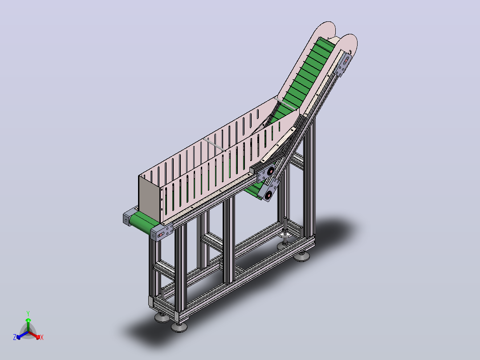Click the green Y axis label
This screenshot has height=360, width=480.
point(28,313)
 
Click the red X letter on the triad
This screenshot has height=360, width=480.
point(42,337)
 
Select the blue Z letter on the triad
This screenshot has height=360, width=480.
point(15,337)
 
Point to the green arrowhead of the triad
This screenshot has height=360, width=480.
point(28,320)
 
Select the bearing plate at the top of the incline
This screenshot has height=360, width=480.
point(343,65)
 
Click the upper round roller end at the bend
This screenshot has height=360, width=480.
point(271,171)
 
